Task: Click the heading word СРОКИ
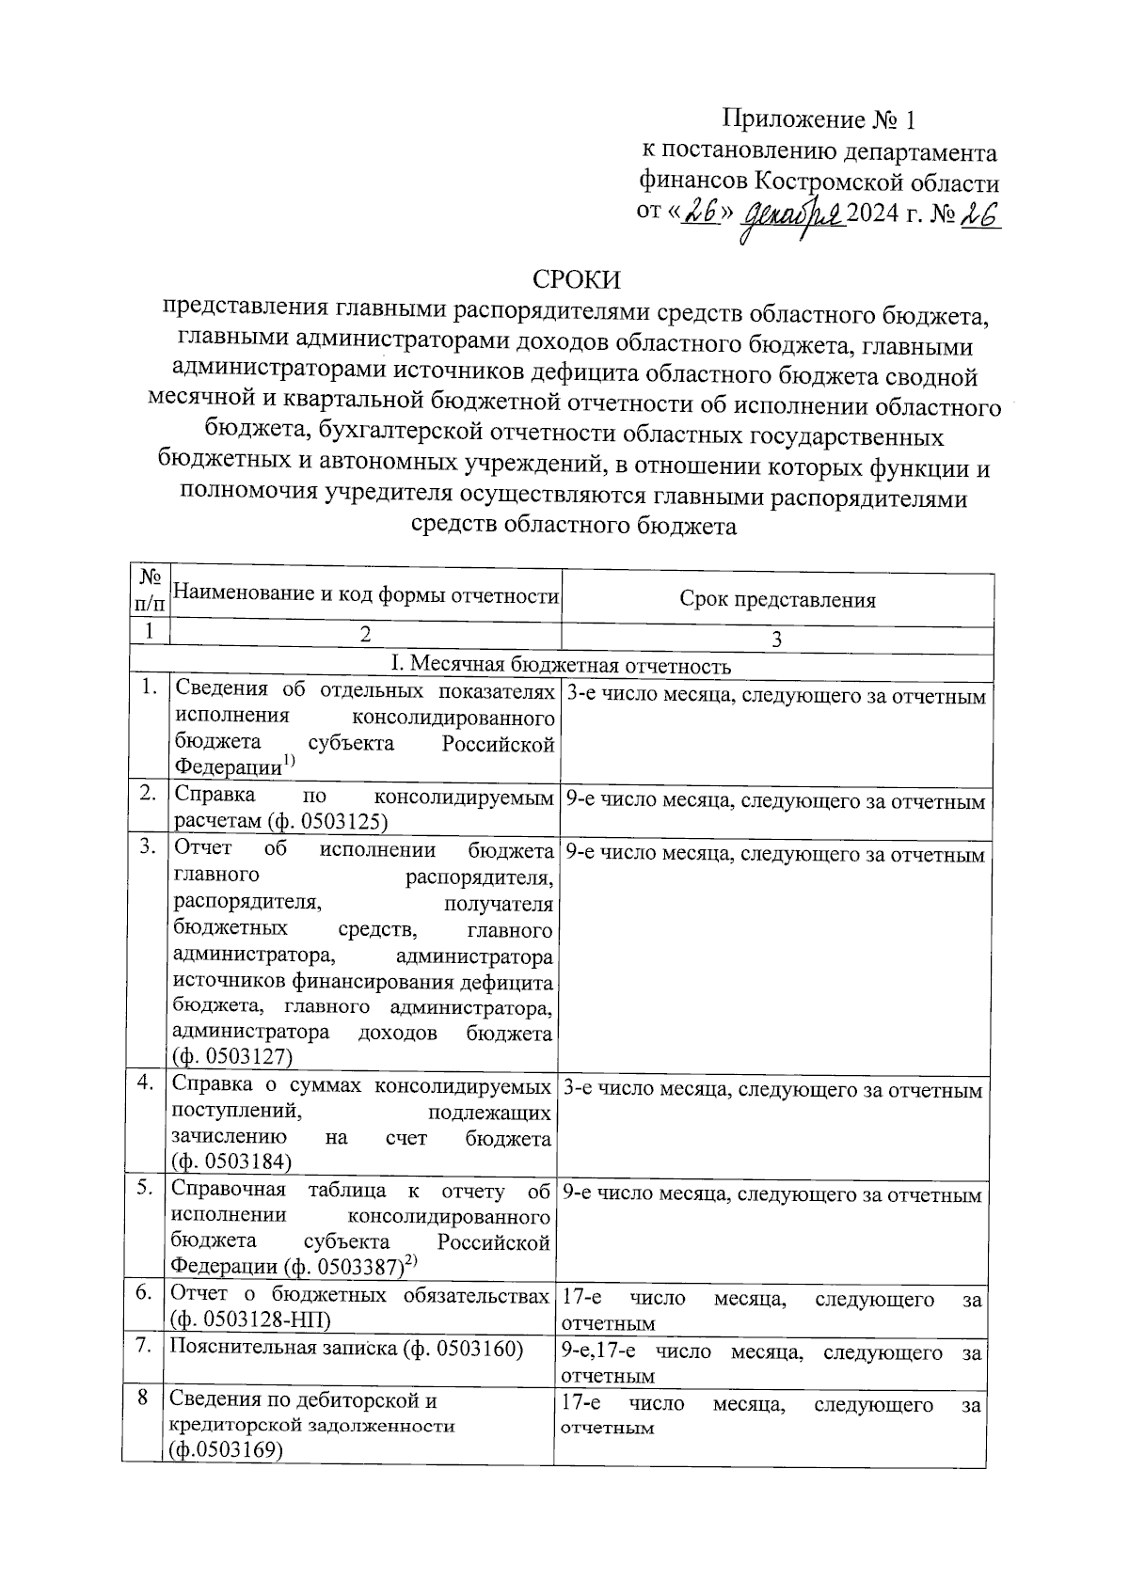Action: click(x=577, y=279)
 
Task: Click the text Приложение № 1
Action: click(x=818, y=119)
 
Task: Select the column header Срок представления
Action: click(x=777, y=600)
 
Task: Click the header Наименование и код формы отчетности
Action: click(x=367, y=594)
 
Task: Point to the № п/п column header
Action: click(x=149, y=590)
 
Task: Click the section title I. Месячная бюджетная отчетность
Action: click(x=561, y=666)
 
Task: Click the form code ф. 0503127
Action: click(x=232, y=1057)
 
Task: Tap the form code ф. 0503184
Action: click(x=231, y=1162)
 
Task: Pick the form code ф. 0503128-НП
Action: click(x=249, y=1319)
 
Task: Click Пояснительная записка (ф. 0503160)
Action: click(x=345, y=1348)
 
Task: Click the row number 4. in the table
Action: click(x=145, y=1083)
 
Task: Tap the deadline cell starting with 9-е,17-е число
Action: click(x=771, y=1363)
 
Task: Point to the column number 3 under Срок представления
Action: click(x=776, y=640)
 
